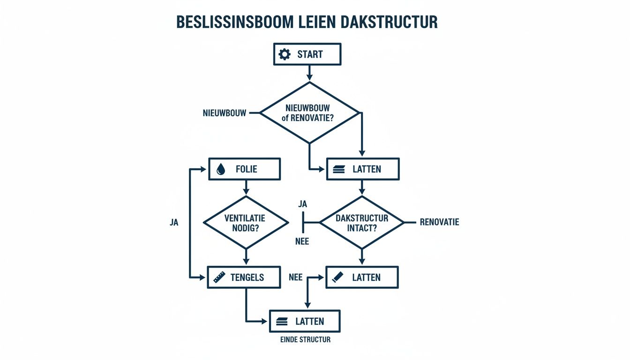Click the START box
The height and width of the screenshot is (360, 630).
click(307, 54)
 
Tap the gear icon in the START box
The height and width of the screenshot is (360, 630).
click(285, 54)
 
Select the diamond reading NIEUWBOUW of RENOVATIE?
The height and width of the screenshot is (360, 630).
click(309, 113)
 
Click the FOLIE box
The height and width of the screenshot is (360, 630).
click(244, 169)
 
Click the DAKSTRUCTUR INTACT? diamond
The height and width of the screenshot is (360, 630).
click(362, 223)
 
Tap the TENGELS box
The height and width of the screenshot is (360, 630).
click(244, 277)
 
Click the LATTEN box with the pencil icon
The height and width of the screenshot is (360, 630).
click(362, 277)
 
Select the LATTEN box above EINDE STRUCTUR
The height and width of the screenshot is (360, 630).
click(304, 322)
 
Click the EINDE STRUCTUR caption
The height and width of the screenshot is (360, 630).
click(302, 339)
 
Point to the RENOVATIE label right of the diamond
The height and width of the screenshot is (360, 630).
click(439, 222)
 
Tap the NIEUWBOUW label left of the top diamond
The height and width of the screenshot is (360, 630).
click(225, 113)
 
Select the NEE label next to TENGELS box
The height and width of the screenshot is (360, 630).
click(295, 277)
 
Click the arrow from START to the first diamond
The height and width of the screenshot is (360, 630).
click(309, 73)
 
